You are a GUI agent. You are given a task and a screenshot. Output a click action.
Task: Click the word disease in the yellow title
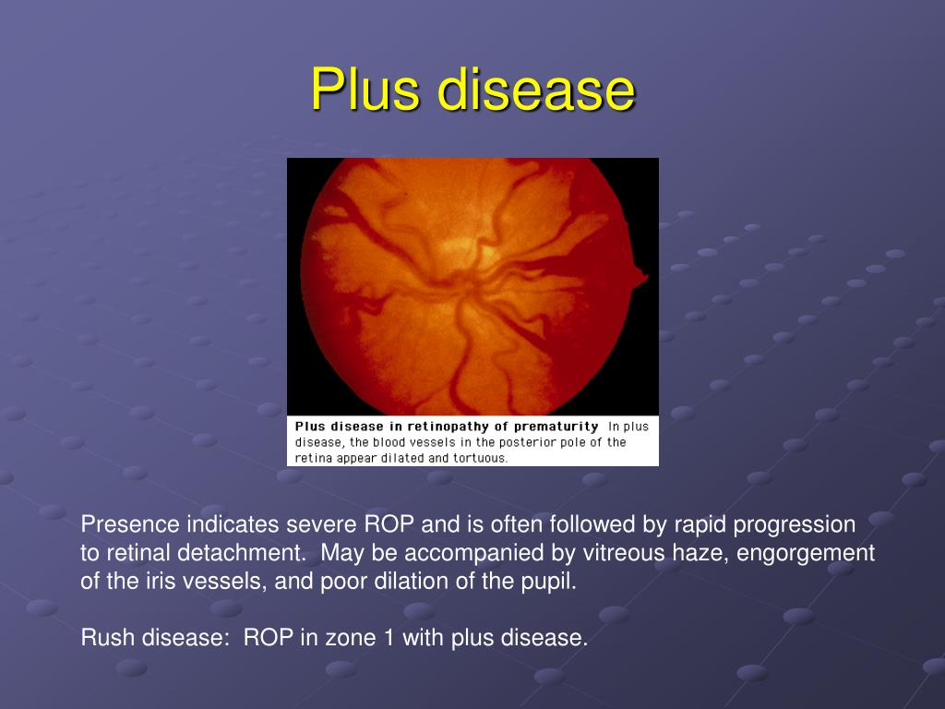[x=535, y=90]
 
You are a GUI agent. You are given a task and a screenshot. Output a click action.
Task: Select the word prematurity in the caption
[x=556, y=427]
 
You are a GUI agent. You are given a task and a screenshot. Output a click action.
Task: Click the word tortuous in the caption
[x=480, y=458]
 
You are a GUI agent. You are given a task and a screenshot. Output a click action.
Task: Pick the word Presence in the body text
[x=130, y=525]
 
